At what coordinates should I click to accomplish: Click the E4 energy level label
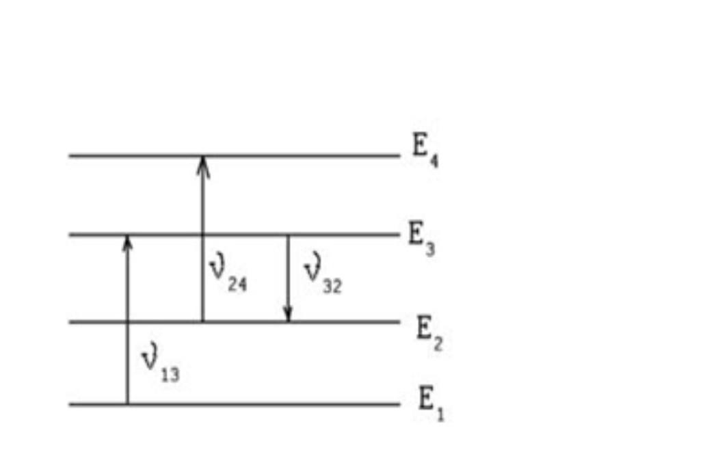tap(425, 153)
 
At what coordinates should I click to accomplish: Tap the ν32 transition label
tap(322, 276)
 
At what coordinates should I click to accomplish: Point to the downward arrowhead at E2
tap(289, 315)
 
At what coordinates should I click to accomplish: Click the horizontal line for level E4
tap(301, 156)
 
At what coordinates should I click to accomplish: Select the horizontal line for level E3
tap(342, 235)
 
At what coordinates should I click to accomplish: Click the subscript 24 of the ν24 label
tap(237, 284)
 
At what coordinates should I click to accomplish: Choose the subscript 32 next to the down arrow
tap(332, 287)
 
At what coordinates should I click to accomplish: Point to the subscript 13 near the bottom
tap(171, 373)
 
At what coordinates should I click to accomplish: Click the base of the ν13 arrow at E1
tap(127, 403)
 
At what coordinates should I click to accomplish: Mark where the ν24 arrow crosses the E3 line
tap(202, 235)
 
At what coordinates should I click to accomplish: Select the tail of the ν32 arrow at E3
tap(288, 237)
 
